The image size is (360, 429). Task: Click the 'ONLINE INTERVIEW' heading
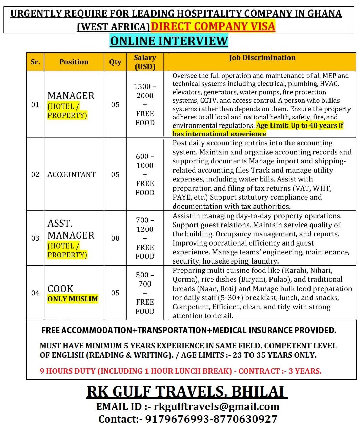click(169, 41)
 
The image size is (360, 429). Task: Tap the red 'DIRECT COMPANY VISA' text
click(213, 26)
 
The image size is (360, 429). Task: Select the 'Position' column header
click(74, 62)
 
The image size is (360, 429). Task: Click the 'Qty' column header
click(115, 62)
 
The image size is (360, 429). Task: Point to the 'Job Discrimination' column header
click(262, 58)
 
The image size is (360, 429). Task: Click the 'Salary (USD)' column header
click(145, 62)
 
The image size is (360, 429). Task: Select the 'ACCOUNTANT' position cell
click(72, 174)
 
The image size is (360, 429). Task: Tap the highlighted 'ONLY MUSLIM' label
click(73, 299)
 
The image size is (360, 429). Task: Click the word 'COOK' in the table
click(60, 289)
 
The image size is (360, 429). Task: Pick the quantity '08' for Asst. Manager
click(115, 238)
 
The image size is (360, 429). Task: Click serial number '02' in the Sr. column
click(35, 174)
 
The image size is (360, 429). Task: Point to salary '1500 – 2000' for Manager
click(145, 91)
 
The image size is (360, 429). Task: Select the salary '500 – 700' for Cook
click(145, 279)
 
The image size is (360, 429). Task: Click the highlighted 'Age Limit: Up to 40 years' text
click(300, 125)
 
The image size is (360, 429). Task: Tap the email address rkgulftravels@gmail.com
click(216, 406)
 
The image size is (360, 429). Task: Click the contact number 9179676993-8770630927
click(211, 419)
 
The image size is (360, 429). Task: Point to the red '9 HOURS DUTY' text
click(68, 371)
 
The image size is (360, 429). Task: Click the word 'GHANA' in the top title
click(324, 13)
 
